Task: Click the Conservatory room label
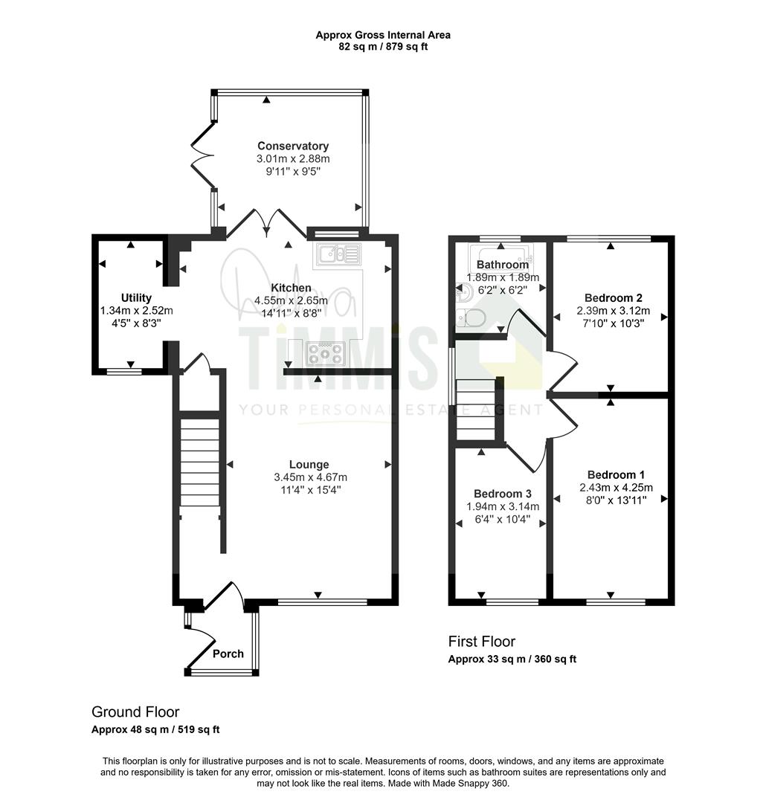(x=292, y=146)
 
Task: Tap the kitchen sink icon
(x=338, y=254)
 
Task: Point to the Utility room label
(x=136, y=297)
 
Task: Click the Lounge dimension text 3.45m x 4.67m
(x=311, y=477)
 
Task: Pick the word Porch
(x=228, y=654)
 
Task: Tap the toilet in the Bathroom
(x=470, y=318)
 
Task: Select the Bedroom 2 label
(x=614, y=297)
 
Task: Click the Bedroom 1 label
(x=616, y=474)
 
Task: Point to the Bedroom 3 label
(x=502, y=494)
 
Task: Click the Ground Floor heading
(x=135, y=712)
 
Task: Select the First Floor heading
(x=482, y=641)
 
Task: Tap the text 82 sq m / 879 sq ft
(x=383, y=47)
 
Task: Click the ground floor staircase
(x=200, y=462)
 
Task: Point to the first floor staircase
(x=476, y=410)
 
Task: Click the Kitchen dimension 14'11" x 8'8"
(x=291, y=313)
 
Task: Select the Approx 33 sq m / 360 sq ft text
(x=512, y=659)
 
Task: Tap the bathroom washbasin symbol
(x=464, y=293)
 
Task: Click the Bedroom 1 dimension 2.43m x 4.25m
(x=616, y=488)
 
